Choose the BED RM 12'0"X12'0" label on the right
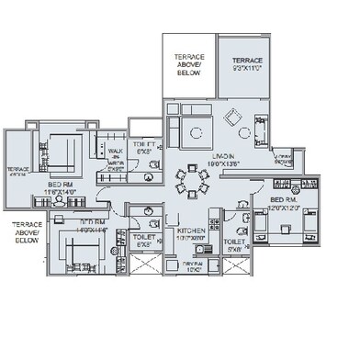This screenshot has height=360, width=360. tap(287, 204)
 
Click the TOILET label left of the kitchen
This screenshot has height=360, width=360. tap(145, 241)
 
